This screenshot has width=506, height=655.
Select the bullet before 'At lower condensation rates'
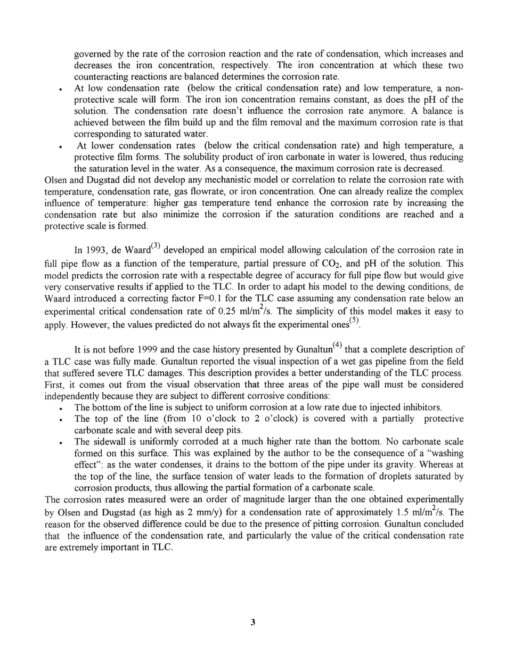(63, 146)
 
